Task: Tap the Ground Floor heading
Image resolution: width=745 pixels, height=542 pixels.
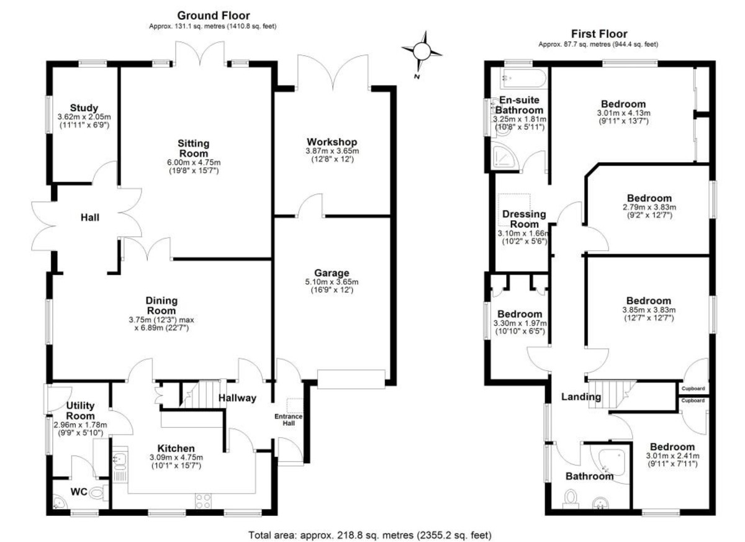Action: [213, 16]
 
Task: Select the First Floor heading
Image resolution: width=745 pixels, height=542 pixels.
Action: [599, 34]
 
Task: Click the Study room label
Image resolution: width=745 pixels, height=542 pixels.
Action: [84, 108]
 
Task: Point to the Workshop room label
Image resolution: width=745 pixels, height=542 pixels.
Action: [332, 142]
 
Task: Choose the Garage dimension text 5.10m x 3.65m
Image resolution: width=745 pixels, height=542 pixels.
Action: [332, 282]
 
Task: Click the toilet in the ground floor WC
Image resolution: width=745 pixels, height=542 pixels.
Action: [99, 493]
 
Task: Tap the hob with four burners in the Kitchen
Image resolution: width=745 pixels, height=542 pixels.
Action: [203, 501]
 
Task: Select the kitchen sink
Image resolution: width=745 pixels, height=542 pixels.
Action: [120, 460]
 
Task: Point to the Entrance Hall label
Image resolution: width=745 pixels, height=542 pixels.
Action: [288, 420]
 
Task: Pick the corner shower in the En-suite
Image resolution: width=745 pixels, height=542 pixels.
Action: [505, 157]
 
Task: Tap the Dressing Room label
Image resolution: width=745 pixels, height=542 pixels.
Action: [524, 219]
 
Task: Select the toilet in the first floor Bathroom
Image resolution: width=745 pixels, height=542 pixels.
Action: [571, 499]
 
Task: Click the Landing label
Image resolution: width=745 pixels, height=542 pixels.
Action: [581, 396]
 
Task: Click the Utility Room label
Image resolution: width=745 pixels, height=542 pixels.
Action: [81, 410]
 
